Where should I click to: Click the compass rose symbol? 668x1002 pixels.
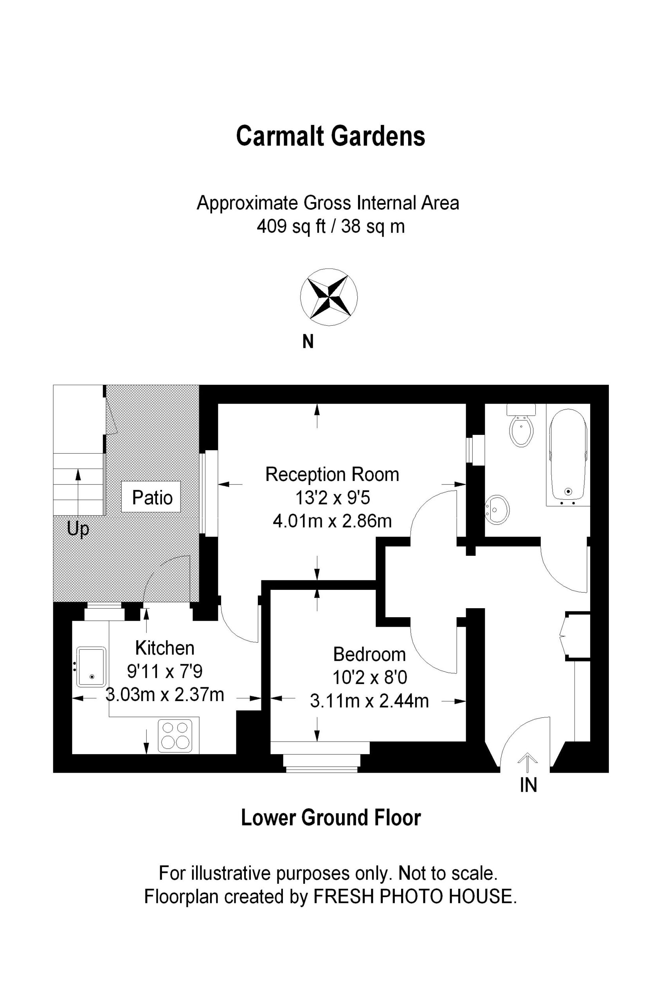pyautogui.click(x=329, y=297)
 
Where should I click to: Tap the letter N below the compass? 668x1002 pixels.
pyautogui.click(x=308, y=342)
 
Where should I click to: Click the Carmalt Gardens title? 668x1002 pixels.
pyautogui.click(x=331, y=136)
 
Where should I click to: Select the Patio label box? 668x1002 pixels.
pyautogui.click(x=151, y=497)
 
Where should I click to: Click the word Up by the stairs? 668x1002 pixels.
pyautogui.click(x=78, y=530)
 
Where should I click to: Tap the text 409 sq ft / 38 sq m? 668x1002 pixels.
pyautogui.click(x=331, y=226)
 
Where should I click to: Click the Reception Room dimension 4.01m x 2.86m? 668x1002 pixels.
pyautogui.click(x=332, y=520)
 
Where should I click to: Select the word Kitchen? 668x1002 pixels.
pyautogui.click(x=165, y=648)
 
